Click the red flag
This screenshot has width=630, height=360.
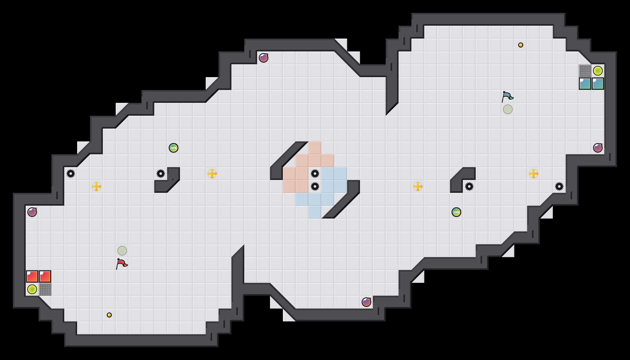(x=122, y=264)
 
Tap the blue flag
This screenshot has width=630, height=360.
(x=507, y=96)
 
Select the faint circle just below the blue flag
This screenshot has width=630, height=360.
(x=508, y=109)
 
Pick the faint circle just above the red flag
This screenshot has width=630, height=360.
(x=122, y=251)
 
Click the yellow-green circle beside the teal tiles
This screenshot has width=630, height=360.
(x=598, y=71)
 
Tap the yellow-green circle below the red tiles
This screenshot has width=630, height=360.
(x=32, y=289)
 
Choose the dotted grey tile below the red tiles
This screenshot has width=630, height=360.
(x=45, y=289)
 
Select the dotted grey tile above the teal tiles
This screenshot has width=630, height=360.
(x=585, y=71)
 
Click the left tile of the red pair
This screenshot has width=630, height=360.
(x=32, y=276)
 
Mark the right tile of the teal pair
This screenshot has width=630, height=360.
(x=598, y=84)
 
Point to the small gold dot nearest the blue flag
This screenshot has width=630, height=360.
(x=521, y=45)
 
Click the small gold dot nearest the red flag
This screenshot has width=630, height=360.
(x=109, y=315)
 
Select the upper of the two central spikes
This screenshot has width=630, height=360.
(x=315, y=174)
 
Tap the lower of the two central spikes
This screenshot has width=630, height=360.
(x=315, y=186)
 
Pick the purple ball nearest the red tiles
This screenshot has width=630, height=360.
(x=32, y=212)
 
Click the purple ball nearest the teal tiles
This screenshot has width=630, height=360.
(x=598, y=148)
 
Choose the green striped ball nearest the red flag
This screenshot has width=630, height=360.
(x=174, y=148)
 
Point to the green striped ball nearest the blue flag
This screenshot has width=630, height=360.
(x=456, y=212)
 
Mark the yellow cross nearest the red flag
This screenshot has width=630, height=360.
(x=96, y=186)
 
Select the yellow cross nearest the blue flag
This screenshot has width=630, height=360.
(x=534, y=174)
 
